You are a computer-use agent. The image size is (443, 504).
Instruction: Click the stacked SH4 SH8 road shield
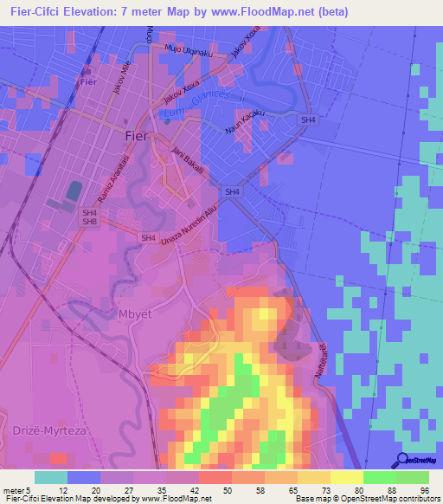pos(89,216)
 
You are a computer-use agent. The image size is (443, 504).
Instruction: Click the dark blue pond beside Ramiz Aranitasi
pos(73,191)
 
